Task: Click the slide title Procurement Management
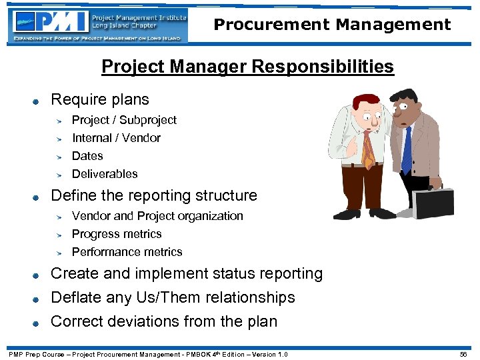pos(332,25)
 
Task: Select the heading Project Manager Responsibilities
pos(247,67)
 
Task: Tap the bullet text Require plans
pos(100,100)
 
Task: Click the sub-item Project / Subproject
pos(124,120)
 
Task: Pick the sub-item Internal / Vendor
pos(116,138)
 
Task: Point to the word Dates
pos(87,156)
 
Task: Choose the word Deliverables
pos(105,174)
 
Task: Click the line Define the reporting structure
pos(154,195)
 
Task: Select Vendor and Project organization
pos(157,216)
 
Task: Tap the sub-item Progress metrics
pos(117,234)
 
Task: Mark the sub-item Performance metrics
pos(127,252)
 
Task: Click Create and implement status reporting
pos(187,273)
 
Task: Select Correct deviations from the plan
pos(164,321)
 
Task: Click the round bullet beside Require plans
pos(37,101)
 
